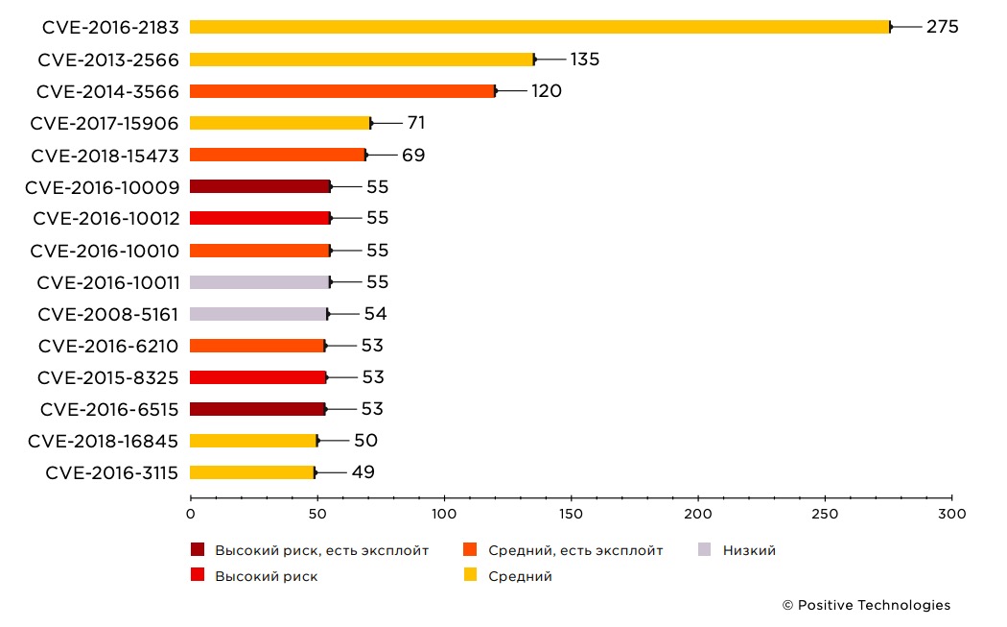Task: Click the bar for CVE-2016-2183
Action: click(539, 27)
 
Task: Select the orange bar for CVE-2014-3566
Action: click(342, 91)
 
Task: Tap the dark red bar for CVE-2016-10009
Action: click(260, 186)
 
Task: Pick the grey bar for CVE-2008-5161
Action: click(258, 314)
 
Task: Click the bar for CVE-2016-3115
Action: click(252, 472)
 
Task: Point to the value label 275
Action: click(942, 27)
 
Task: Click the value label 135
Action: click(584, 60)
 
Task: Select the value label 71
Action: click(415, 123)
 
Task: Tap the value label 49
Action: click(363, 472)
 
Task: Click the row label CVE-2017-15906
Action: click(105, 123)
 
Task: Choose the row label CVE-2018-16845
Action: click(104, 441)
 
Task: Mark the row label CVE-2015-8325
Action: click(108, 377)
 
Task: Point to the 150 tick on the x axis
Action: click(572, 515)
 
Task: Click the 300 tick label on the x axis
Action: click(951, 515)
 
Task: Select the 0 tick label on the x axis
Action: click(191, 515)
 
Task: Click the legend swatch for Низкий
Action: click(705, 550)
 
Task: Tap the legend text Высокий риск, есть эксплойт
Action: click(321, 550)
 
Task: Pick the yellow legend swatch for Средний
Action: click(470, 576)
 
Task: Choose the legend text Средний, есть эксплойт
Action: click(575, 550)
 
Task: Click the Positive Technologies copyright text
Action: click(866, 605)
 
